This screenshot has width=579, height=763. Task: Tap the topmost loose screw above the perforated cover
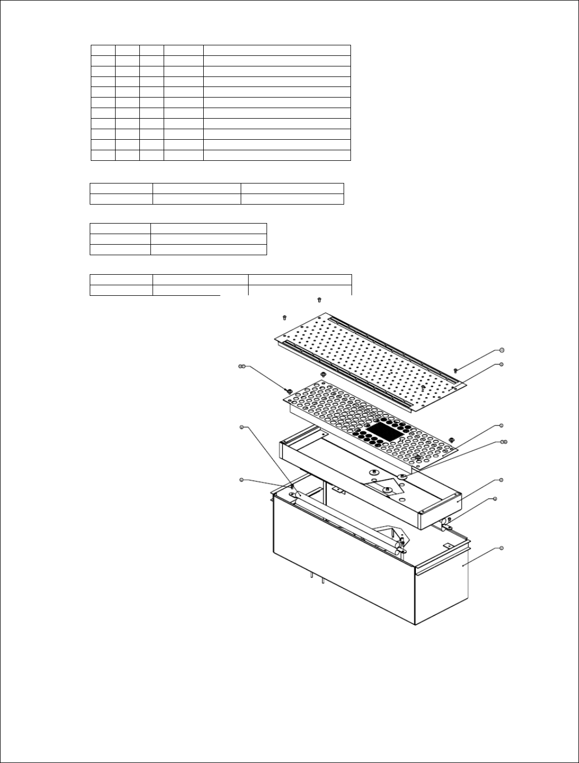click(x=319, y=300)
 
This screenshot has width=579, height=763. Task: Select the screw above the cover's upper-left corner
click(x=284, y=317)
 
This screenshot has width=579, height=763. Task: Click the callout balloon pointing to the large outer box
click(x=501, y=549)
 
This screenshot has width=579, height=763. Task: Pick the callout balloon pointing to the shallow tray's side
click(x=501, y=480)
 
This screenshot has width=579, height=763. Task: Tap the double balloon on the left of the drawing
click(x=242, y=366)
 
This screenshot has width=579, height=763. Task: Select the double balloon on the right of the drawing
click(x=504, y=441)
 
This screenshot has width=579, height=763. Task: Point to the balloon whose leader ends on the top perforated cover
click(x=501, y=364)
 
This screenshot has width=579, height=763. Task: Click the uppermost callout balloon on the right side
click(x=501, y=350)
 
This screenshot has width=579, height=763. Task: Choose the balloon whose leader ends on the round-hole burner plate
click(x=501, y=425)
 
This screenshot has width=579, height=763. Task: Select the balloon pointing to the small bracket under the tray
click(x=495, y=498)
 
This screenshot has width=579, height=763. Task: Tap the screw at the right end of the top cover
click(x=455, y=371)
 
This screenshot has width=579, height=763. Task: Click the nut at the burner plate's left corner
click(x=288, y=391)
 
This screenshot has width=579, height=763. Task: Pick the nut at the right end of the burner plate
click(x=451, y=439)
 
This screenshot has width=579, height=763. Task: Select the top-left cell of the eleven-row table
click(x=103, y=50)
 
